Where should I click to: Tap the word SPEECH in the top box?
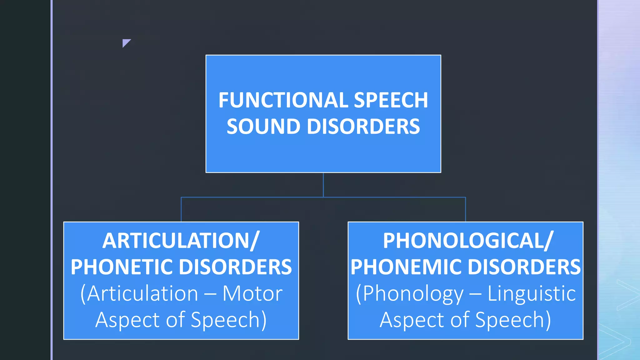pos(391,100)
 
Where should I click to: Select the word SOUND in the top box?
pos(263,127)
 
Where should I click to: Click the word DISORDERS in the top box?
pos(363,127)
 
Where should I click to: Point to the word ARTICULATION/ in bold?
pos(181,241)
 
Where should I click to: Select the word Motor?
pos(252,294)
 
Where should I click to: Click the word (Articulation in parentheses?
pos(139,294)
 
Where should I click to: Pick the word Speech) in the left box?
pos(228,320)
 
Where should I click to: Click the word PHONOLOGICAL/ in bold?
pos(468,241)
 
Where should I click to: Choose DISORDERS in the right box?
pos(524,267)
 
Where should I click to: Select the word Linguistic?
pos(532,294)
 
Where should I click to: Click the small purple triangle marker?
pos(126,42)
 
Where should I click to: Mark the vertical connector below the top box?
pos(323,185)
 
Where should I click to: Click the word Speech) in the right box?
pos(513,320)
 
